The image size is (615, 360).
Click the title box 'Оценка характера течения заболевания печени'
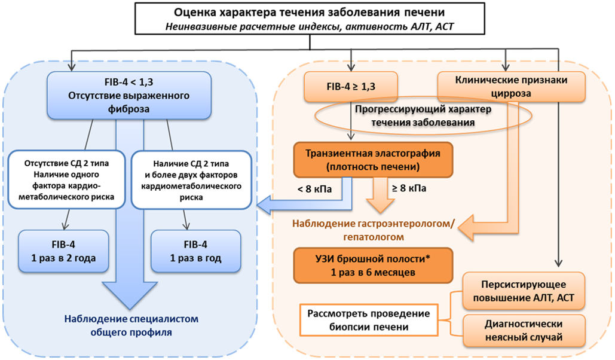click(x=310, y=19)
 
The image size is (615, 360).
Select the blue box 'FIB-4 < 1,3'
click(x=129, y=96)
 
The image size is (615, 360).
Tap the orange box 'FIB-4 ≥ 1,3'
click(x=351, y=86)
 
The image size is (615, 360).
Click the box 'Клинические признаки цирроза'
click(x=511, y=87)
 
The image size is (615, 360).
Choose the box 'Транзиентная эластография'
click(x=373, y=160)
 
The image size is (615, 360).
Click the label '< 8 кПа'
click(x=314, y=189)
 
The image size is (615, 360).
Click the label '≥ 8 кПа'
click(x=409, y=188)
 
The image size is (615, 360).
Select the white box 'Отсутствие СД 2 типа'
click(x=66, y=180)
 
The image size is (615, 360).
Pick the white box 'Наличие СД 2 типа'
click(x=191, y=180)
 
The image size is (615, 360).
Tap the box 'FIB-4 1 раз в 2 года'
click(x=63, y=251)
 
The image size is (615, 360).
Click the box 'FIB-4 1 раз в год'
click(x=195, y=251)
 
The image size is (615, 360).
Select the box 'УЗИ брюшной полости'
click(x=373, y=266)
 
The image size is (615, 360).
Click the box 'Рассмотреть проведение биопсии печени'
click(x=369, y=320)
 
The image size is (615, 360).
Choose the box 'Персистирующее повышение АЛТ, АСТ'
click(x=524, y=291)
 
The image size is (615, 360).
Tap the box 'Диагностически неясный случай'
click(x=524, y=331)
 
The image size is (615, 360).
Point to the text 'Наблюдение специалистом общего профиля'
click(x=131, y=325)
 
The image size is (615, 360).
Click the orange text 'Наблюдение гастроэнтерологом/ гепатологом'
click(x=374, y=230)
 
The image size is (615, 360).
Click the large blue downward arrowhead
click(x=130, y=295)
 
